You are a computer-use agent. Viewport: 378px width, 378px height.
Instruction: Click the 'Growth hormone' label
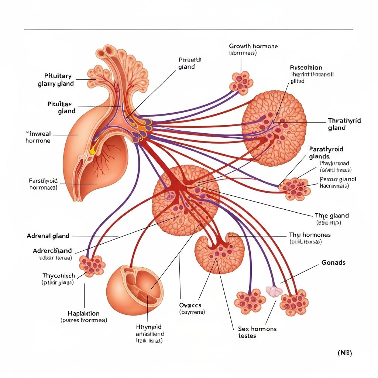coord(253,47)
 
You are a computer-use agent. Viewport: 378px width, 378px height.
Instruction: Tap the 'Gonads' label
coord(333,262)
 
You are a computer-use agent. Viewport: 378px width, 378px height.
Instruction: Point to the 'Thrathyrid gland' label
coord(344,124)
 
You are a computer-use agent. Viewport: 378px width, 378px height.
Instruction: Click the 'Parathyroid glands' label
coord(326,152)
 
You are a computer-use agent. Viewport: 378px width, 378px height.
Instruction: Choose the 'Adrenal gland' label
coord(48,236)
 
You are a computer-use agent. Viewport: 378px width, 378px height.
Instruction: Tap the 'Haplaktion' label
coord(84,313)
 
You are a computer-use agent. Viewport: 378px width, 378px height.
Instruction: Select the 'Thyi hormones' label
coord(309,235)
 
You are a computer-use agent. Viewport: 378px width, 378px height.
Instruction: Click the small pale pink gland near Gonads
coord(274,292)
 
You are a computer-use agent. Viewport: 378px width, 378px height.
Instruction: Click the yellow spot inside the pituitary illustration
coord(92,151)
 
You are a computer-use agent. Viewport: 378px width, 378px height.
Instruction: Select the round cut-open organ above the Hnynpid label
coord(135,286)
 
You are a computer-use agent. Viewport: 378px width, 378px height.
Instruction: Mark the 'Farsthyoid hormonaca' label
coord(43,184)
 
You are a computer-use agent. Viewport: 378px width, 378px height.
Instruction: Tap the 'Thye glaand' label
coord(331,216)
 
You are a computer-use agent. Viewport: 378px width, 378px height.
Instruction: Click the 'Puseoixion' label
coord(306,68)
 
